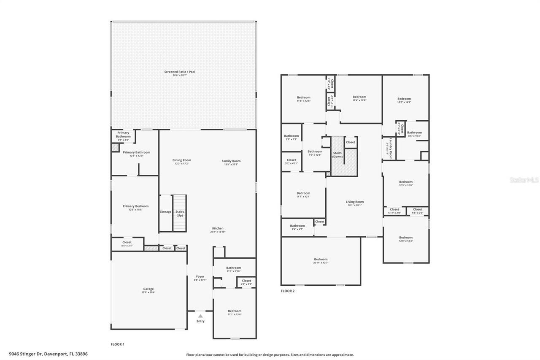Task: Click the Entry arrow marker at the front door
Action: [x=200, y=316]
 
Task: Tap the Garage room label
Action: [x=148, y=289]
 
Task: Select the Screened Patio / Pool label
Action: [x=180, y=72]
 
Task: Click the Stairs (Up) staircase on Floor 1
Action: [x=180, y=213]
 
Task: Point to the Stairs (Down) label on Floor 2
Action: [x=337, y=154]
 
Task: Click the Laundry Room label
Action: [x=391, y=149]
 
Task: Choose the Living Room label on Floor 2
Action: [x=354, y=202]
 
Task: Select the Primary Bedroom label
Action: [x=135, y=206]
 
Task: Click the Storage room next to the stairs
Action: [x=165, y=212]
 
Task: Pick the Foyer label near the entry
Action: [x=200, y=276]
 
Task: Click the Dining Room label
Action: [x=181, y=160]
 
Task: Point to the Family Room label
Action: [x=231, y=161]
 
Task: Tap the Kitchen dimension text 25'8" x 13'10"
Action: [x=218, y=232]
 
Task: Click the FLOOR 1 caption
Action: [x=117, y=344]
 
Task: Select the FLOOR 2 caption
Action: [x=288, y=291]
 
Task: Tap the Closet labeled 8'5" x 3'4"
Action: [x=127, y=244]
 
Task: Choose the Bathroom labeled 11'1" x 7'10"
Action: [x=233, y=269]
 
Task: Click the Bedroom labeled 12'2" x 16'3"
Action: [x=404, y=100]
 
